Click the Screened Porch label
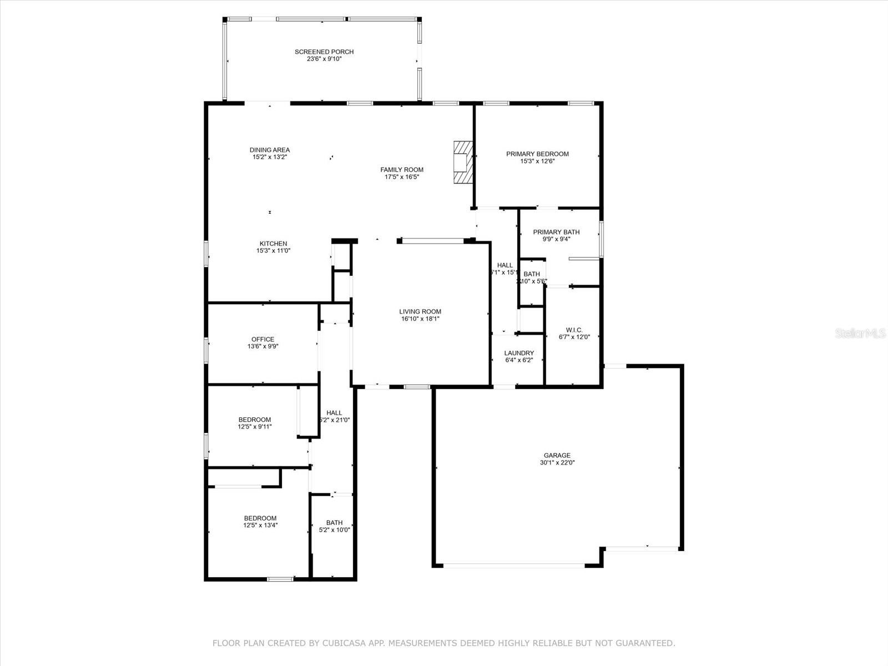click(324, 52)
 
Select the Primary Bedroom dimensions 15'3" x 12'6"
click(537, 162)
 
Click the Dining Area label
click(270, 150)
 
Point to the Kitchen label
click(274, 244)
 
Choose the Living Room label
click(420, 312)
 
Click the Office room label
click(263, 340)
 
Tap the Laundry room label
click(519, 353)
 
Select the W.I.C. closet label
click(574, 330)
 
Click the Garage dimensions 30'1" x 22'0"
click(557, 463)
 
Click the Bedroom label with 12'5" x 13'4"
click(260, 518)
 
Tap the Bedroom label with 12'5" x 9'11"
click(255, 420)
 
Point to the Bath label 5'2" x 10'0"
click(334, 523)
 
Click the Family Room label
click(402, 170)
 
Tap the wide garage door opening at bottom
click(513, 566)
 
